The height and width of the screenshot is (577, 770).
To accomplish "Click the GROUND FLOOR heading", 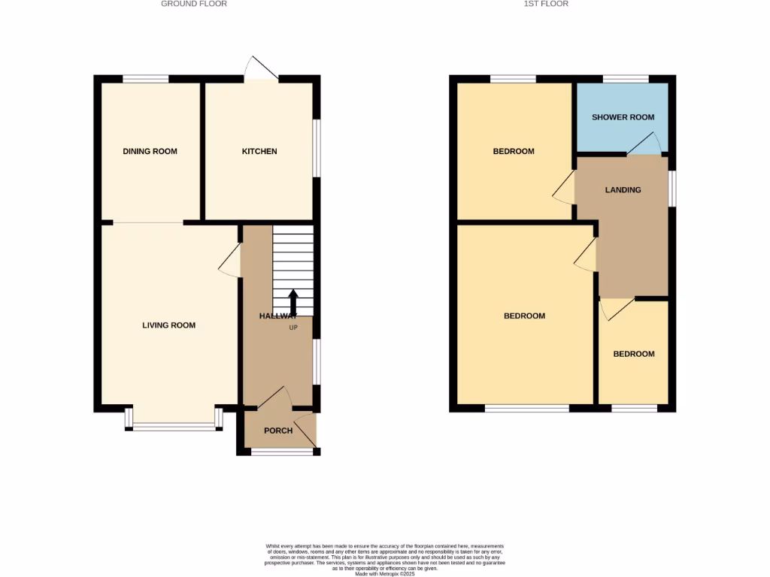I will click(x=194, y=4).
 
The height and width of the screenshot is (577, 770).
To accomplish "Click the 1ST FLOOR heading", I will click(x=546, y=4).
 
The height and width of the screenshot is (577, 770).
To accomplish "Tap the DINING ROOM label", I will click(x=150, y=152).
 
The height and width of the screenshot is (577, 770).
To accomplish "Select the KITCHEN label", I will click(x=259, y=152).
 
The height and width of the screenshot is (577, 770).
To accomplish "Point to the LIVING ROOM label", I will click(x=169, y=325).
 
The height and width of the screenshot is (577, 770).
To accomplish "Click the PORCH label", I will click(x=277, y=430).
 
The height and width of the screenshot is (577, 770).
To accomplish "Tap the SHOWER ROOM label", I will click(x=623, y=117).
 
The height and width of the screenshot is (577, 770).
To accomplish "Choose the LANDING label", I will click(x=623, y=190).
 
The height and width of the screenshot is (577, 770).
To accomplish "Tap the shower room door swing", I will click(x=645, y=143).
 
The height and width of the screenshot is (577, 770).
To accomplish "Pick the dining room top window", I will click(x=146, y=78).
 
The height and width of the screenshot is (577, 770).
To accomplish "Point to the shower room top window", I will click(x=626, y=78).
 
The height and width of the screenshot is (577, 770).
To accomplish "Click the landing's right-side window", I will click(x=672, y=188).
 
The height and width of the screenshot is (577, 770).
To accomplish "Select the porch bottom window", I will click(x=282, y=452).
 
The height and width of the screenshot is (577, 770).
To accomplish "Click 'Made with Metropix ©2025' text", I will click(x=384, y=573).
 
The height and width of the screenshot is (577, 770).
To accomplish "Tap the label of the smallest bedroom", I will click(x=633, y=354).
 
